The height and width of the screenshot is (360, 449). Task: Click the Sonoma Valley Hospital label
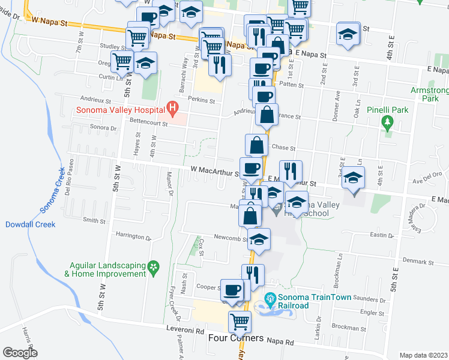coord(120,110)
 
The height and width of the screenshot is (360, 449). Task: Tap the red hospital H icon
coord(173,109)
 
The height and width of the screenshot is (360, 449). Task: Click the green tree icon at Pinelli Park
coord(387,122)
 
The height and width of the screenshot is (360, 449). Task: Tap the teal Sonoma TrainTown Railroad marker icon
coord(271,298)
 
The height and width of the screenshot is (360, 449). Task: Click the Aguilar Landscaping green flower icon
coord(154,266)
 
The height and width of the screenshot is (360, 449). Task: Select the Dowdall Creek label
coord(30,224)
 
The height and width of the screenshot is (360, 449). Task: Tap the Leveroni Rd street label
coord(185,331)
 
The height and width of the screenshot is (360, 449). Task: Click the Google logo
coord(20,352)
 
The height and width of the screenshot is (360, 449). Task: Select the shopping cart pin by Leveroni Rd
coord(240,321)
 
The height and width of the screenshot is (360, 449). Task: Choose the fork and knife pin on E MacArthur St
coord(291,171)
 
